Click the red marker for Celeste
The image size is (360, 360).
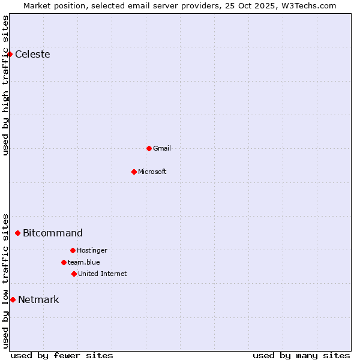pos(10,54)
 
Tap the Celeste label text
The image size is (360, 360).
pos(32,55)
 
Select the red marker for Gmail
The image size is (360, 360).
pos(149,148)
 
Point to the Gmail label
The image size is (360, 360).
pos(162,148)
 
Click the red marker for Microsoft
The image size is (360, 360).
pos(134,172)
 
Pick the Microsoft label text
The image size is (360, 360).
pos(152,172)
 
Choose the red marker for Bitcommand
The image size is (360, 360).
pos(17,233)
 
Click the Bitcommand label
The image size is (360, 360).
pos(53,233)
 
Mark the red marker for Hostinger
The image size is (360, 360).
pos(73,250)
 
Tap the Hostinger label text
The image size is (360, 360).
pos(92,250)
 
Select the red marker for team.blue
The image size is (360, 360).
pos(64,262)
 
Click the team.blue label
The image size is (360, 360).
pos(84,262)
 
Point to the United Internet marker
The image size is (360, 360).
pos(74,274)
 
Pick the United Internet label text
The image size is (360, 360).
pos(103,274)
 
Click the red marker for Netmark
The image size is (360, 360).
pos(13,299)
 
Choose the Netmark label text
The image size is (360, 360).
pos(38,300)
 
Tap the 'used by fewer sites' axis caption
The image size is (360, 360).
pos(62,355)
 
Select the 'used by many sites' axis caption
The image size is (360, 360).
pos(301,355)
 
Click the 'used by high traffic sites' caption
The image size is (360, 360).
pos(5,85)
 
